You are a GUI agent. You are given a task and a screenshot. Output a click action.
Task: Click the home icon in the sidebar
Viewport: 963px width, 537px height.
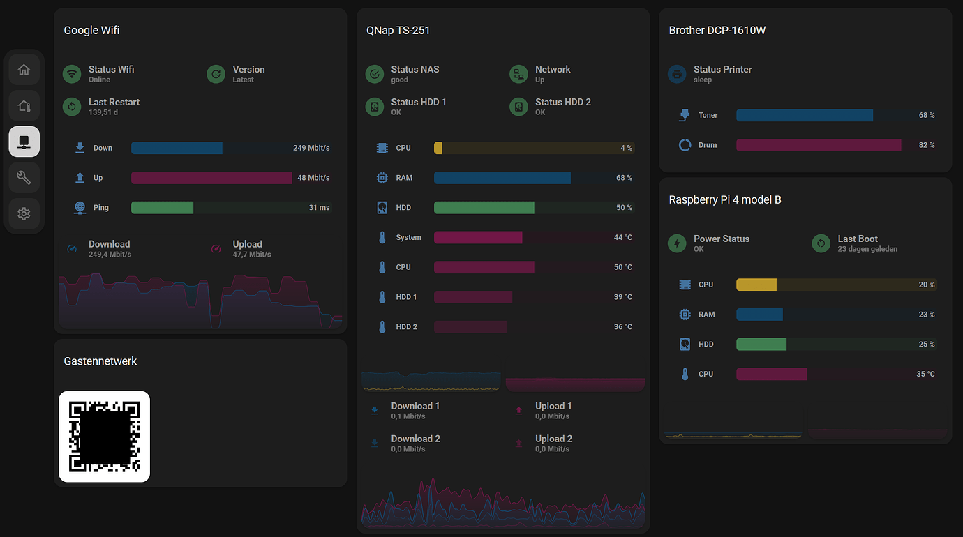24,70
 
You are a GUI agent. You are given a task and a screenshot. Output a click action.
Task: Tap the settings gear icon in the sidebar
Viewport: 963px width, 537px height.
24,213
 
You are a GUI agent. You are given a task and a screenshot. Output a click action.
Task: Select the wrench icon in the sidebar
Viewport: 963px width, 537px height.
24,178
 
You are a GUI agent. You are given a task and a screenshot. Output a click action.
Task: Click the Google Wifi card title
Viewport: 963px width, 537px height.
91,31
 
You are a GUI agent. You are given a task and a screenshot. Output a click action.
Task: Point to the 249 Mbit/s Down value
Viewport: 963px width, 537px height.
311,148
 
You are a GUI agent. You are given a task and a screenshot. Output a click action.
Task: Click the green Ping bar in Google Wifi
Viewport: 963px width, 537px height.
162,208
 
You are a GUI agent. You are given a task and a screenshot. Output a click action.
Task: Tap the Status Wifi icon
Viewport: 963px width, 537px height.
72,74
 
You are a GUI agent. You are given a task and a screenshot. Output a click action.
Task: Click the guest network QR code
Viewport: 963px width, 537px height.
104,437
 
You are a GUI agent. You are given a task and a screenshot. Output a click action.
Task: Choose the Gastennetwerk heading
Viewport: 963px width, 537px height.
100,361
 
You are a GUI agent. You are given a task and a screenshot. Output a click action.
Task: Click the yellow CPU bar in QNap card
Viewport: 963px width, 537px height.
438,148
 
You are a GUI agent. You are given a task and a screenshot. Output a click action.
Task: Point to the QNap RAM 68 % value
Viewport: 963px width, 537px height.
624,178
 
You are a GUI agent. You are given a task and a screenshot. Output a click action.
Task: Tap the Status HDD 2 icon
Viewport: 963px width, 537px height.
518,107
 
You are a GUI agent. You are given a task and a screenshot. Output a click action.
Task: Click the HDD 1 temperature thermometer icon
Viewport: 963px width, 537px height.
382,297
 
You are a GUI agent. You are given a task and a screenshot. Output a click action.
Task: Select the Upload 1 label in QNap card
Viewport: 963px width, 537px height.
553,406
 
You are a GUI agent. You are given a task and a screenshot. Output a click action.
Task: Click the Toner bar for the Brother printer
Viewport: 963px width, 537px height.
804,115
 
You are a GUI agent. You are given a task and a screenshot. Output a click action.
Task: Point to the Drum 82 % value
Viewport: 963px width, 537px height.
926,145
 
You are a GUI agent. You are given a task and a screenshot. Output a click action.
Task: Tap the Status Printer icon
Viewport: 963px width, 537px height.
677,74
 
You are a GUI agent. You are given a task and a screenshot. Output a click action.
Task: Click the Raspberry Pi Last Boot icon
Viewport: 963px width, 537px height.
821,243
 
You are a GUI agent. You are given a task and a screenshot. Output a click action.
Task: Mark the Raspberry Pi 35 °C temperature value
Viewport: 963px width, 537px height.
925,375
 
